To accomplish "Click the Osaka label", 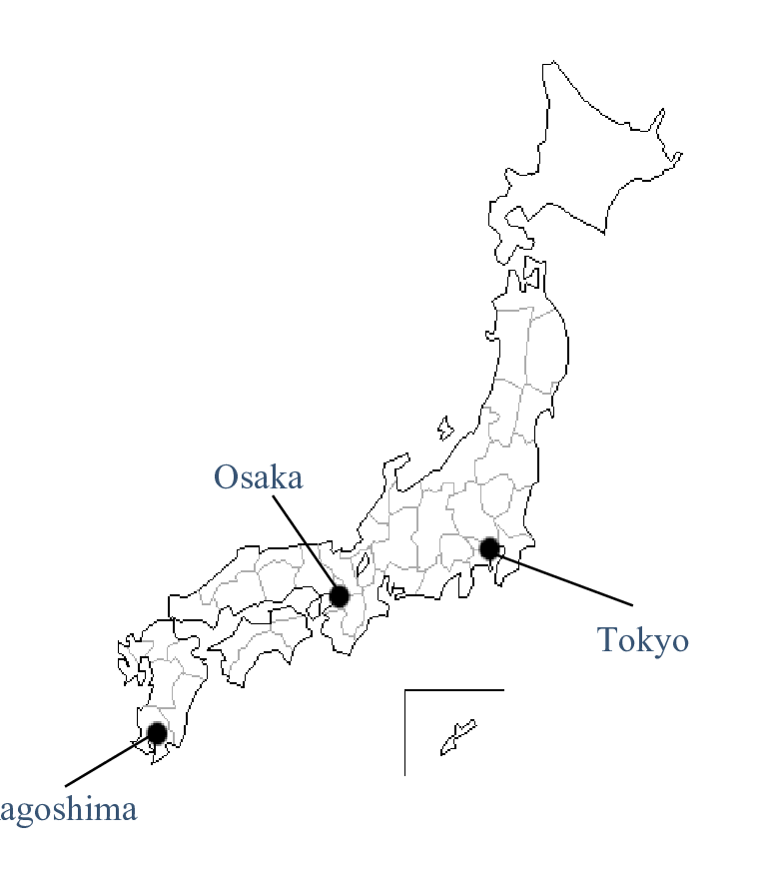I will (258, 477).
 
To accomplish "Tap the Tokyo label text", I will (643, 639).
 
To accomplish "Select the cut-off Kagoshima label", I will (68, 809).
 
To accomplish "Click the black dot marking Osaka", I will (339, 596).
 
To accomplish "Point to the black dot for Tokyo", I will (489, 548).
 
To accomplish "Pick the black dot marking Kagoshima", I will (157, 733).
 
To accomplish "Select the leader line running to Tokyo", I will (564, 578).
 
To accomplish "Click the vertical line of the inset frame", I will (404, 734).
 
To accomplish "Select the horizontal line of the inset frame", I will (454, 689).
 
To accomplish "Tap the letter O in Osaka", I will (226, 477).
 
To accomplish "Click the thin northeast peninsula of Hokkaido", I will (669, 160).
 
